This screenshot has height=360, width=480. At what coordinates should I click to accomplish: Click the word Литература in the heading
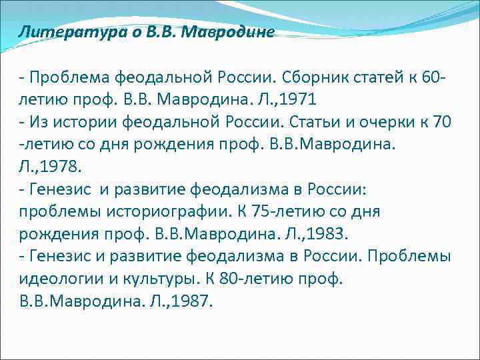pyautogui.click(x=57, y=33)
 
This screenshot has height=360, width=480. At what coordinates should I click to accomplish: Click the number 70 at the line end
pyautogui.click(x=442, y=123)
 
